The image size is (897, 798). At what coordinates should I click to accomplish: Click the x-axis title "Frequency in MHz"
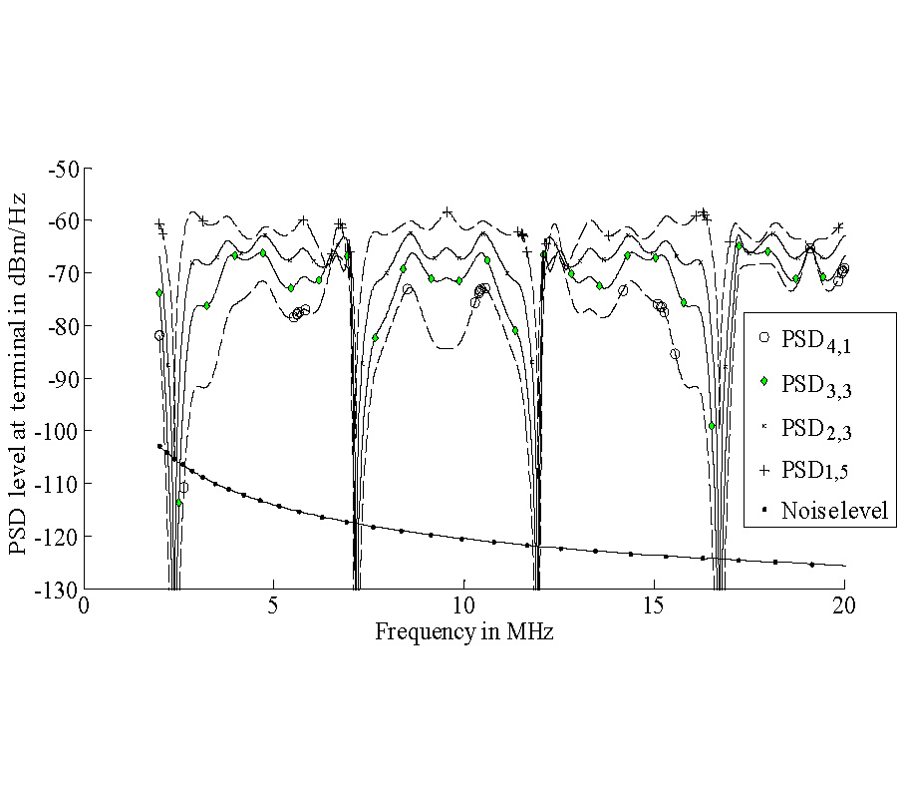pyautogui.click(x=463, y=631)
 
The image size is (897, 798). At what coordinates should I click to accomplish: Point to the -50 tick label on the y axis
pyautogui.click(x=64, y=168)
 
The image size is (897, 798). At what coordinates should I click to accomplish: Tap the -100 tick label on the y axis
pyautogui.click(x=59, y=431)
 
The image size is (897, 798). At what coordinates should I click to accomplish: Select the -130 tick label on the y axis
pyautogui.click(x=59, y=589)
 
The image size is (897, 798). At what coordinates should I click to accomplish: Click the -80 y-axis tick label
pyautogui.click(x=64, y=325)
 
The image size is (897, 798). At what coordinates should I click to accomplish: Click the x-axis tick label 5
pyautogui.click(x=274, y=606)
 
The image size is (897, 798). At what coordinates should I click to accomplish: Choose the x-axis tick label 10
pyautogui.click(x=463, y=606)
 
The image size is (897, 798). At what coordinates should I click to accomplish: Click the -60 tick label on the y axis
pyautogui.click(x=64, y=220)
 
